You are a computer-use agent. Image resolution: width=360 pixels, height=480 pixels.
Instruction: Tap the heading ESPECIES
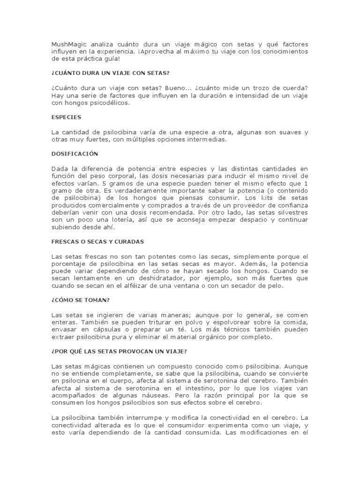pyautogui.click(x=66, y=117)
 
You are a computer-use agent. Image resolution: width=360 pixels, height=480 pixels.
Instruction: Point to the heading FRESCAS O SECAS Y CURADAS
pyautogui.click(x=97, y=241)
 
